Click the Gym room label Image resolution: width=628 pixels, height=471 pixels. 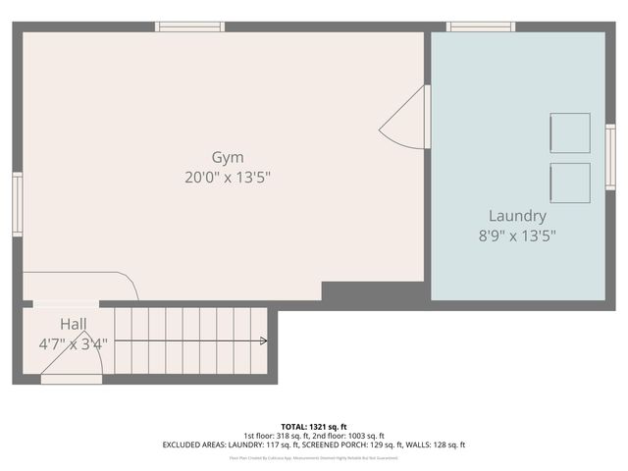228,157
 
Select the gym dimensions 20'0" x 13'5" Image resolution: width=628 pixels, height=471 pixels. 228,178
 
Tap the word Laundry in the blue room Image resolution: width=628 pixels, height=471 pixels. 517,216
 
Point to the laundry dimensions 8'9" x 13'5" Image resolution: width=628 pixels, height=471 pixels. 517,235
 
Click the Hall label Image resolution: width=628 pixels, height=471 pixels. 74,324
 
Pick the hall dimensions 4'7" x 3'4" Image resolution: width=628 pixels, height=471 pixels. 74,343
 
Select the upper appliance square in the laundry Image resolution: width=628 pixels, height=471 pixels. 570,132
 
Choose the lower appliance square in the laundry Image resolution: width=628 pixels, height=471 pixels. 570,183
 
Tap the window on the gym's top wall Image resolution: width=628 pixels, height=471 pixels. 190,26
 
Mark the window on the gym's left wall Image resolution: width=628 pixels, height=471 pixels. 17,204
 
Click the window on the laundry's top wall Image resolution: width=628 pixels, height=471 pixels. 481,26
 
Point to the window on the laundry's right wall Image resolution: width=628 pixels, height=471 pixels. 609,157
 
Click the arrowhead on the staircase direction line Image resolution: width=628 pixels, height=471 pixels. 263,341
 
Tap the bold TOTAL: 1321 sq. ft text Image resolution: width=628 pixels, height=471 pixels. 314,427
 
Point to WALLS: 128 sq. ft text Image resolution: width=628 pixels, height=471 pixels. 432,445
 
